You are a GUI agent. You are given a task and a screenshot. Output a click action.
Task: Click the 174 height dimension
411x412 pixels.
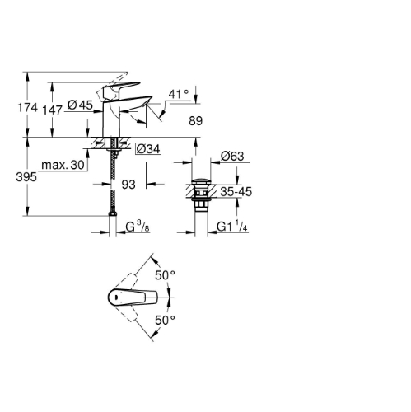(x=27, y=107)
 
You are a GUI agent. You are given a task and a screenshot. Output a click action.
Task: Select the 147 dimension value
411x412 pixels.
(x=52, y=110)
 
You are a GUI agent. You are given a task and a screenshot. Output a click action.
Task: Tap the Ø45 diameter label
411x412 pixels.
(x=80, y=105)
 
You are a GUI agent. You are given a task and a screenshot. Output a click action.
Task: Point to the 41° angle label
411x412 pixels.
(x=179, y=94)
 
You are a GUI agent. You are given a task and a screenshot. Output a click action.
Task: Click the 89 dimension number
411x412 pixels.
(x=195, y=120)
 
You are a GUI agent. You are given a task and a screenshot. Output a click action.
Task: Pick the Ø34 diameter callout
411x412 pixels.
(x=148, y=149)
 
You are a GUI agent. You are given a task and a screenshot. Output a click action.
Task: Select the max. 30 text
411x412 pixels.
(x=63, y=165)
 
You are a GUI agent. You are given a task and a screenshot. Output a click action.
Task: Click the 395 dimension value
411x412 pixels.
(x=26, y=177)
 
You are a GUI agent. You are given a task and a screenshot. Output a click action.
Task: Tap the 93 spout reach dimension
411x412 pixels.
(x=128, y=185)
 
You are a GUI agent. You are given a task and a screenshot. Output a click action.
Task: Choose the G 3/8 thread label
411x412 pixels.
(x=138, y=227)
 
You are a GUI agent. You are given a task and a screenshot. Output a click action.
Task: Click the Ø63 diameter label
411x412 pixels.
(x=232, y=156)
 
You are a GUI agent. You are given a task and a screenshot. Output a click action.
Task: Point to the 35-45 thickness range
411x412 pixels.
(x=236, y=192)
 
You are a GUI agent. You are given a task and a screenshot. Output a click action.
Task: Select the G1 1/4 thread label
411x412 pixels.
(x=232, y=227)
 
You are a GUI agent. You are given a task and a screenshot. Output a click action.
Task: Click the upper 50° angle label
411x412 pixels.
(x=165, y=275)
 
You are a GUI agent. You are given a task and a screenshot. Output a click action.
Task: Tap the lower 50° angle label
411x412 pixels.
(x=165, y=320)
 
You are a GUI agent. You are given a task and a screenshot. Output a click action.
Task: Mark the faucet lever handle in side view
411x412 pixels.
(x=120, y=88)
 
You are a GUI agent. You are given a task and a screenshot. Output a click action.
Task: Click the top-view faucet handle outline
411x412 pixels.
(x=133, y=297)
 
